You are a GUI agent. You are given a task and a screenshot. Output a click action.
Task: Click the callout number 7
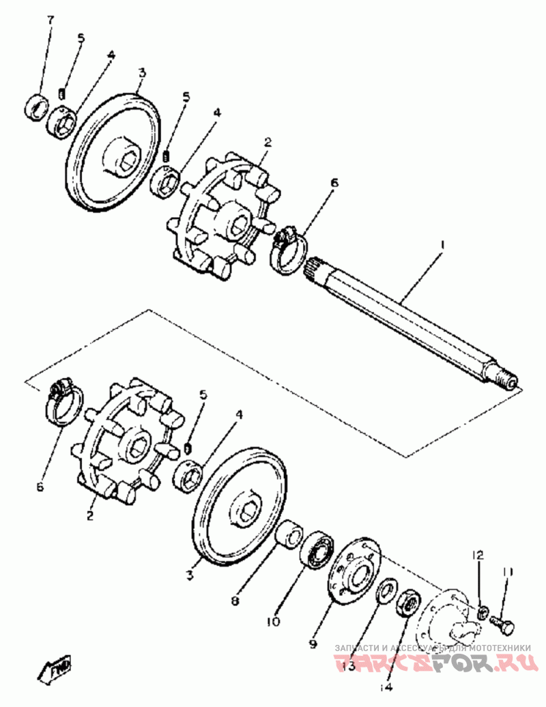pos(50,20)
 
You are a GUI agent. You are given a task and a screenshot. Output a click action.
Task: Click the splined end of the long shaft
pos(315,267)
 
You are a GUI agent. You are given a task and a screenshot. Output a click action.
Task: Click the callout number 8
pos(234,601)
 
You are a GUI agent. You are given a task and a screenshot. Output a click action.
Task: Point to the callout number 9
pos(314,643)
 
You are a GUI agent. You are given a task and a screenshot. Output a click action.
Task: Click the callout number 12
pos(478,555)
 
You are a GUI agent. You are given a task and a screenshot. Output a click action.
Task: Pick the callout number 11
pos(508,572)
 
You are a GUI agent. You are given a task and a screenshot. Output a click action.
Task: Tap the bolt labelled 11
pos(503,624)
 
